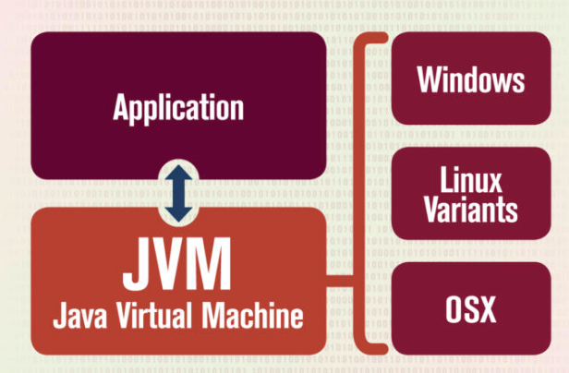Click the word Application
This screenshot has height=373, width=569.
click(178, 108)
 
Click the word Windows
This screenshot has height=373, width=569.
click(471, 79)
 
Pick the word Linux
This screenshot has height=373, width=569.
click(471, 176)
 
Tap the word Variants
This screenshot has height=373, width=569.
click(471, 210)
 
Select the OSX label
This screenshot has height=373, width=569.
click(471, 308)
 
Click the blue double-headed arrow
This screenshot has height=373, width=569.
click(177, 193)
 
